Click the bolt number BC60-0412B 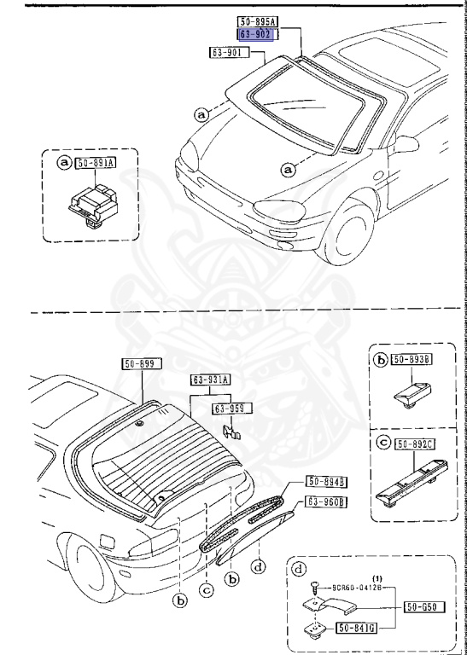(x=357, y=588)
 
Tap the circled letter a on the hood (x=289, y=169)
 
